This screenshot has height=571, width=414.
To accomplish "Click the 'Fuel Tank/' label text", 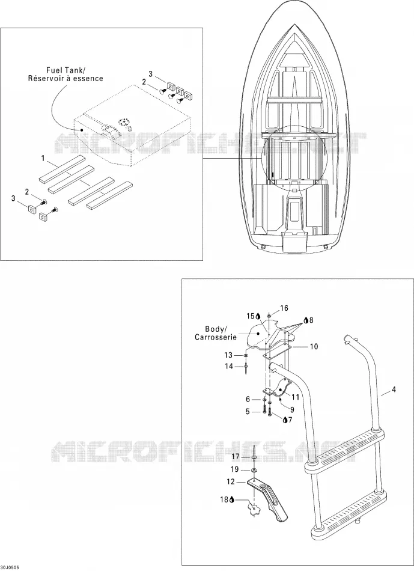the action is point(65,70).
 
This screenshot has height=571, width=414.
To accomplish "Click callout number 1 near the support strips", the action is point(43,158).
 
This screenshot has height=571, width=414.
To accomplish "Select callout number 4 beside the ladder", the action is point(394,390).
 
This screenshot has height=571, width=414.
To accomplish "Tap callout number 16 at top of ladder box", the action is point(284,308).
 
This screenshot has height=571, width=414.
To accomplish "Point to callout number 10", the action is point(314,346).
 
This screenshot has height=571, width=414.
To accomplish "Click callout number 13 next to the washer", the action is point(228,355).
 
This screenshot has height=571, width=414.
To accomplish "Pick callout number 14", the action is point(228,367).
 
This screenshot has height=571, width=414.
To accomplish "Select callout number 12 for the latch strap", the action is point(231,481).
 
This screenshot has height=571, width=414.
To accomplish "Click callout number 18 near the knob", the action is point(224,499).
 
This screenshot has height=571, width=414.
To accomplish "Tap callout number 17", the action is point(235,456).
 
